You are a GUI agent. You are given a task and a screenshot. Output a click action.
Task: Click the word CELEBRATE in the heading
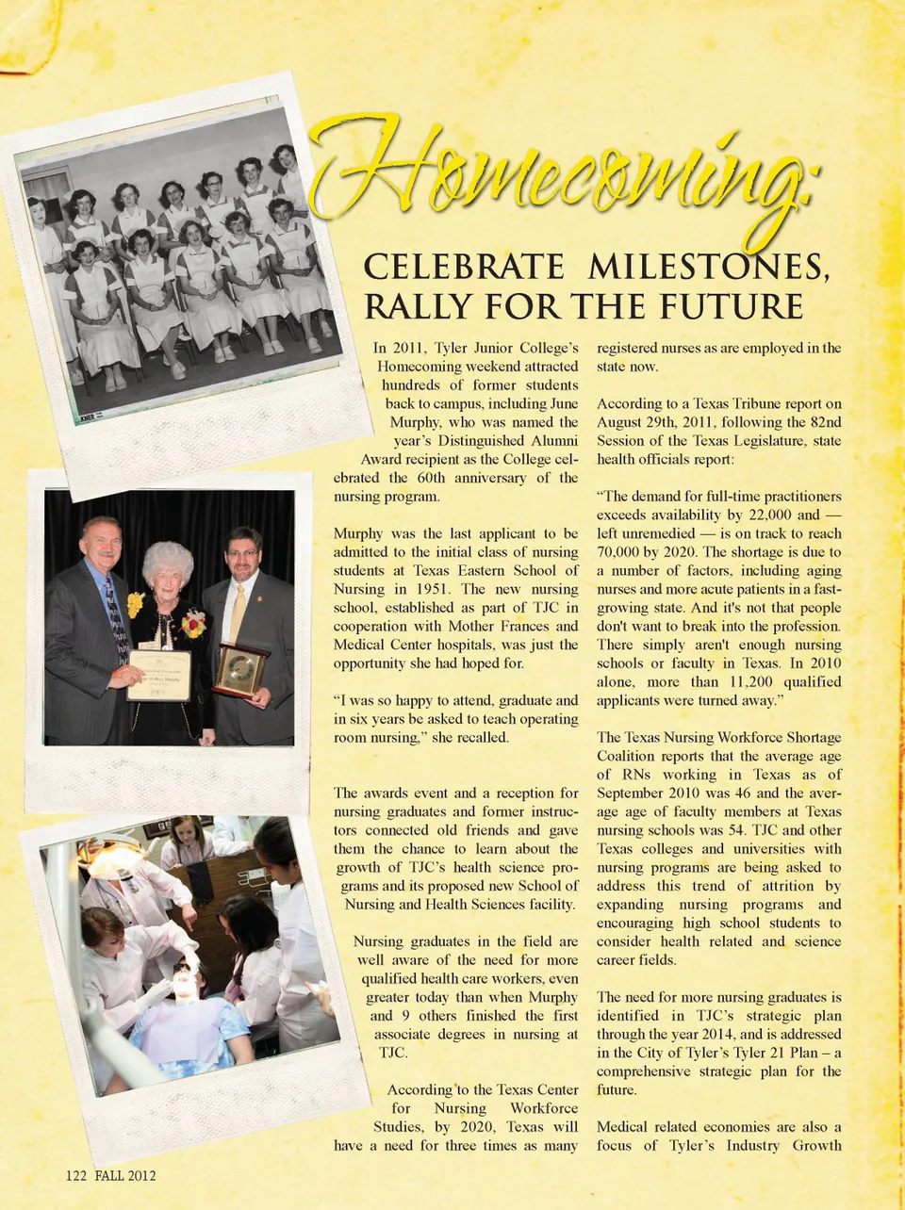point(463,268)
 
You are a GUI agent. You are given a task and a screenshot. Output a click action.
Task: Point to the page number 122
point(76,1176)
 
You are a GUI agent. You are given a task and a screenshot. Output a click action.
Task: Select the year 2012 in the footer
point(138,1176)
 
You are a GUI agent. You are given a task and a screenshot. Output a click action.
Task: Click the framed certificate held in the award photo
point(158,675)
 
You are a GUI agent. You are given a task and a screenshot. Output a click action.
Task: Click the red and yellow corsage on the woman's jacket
point(194,623)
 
